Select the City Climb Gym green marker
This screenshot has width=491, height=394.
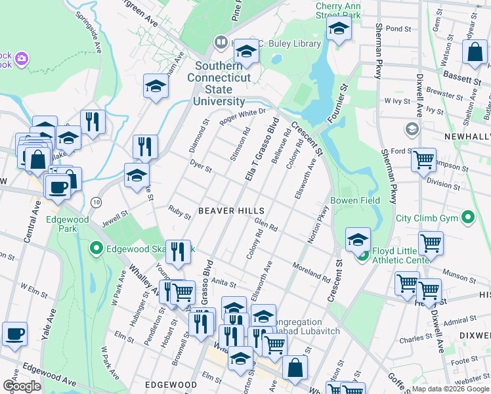coord(467,217)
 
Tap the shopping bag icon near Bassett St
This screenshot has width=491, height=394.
coord(474,53)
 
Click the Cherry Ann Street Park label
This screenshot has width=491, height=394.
coord(339,10)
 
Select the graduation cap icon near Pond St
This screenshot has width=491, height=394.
coord(339,28)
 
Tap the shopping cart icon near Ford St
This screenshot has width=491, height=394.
coord(423,158)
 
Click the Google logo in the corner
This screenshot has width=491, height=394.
coord(22,385)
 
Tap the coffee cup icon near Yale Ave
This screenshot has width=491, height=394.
coord(14,334)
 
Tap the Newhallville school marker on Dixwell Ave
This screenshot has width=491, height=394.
coord(413,129)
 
